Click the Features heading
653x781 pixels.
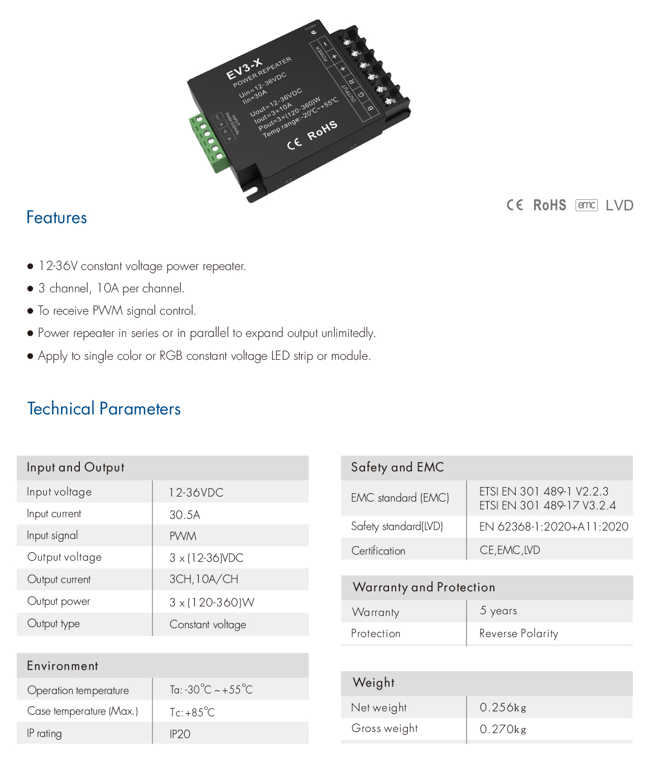point(56,218)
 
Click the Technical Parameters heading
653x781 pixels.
point(104,409)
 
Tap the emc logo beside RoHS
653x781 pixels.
point(586,205)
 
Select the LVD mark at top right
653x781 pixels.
point(619,205)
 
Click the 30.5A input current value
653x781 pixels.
point(185,515)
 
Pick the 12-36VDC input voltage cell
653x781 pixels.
point(196,493)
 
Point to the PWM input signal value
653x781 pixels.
point(183,536)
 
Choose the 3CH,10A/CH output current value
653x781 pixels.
point(204,580)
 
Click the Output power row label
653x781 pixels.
point(59,601)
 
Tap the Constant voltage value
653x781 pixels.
point(208,625)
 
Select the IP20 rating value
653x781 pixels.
point(180,734)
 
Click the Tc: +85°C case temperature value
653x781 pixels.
point(192,712)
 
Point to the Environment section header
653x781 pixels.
point(63,666)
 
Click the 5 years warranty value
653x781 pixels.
point(498,611)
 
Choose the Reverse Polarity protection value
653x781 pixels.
point(518,634)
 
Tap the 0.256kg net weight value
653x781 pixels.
point(503,708)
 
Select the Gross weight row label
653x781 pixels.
point(385,729)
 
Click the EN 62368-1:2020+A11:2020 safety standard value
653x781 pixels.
point(554,527)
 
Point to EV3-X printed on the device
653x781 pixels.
point(244,69)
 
